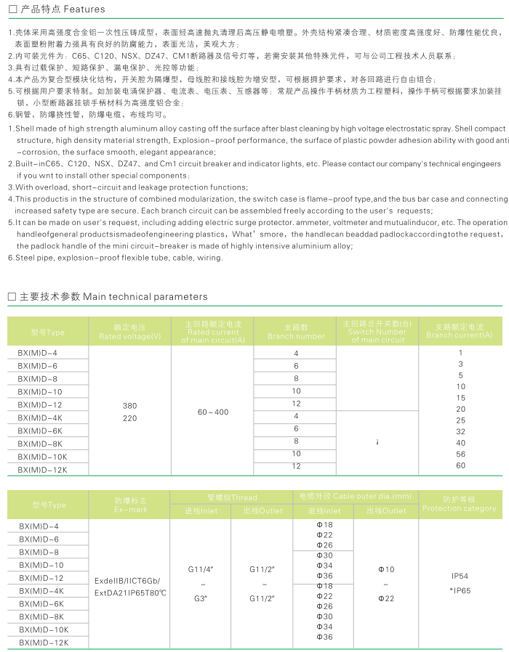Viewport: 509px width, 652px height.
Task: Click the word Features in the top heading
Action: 85,9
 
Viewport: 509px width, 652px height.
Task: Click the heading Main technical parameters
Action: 145,296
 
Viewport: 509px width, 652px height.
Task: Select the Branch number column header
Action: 296,336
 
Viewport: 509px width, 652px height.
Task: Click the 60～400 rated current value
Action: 212,412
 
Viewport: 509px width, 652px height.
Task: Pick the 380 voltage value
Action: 129,405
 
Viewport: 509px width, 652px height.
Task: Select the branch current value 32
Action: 460,431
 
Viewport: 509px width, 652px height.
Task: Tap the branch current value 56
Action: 460,454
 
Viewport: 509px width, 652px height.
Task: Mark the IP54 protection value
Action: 460,576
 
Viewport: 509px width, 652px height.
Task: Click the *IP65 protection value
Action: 460,590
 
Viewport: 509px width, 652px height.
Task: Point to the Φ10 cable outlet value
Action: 386,569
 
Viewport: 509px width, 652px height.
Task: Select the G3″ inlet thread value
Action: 200,598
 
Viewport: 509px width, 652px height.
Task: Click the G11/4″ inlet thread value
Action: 200,569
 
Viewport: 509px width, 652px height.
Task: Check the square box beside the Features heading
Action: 11,9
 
